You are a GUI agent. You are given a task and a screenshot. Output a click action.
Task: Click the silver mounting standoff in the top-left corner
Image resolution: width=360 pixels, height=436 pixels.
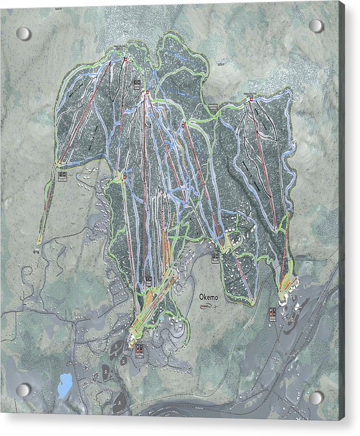coord(23,34)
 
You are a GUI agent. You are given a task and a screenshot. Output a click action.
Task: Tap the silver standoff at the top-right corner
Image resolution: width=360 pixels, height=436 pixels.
coord(316,26)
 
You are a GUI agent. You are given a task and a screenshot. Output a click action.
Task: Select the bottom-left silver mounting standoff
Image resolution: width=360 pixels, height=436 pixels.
coord(23,390)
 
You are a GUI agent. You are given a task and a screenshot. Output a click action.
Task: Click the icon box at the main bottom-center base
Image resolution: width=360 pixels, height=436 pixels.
coord(139,348)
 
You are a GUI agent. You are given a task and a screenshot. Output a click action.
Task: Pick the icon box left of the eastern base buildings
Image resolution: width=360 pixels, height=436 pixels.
coord(272,313)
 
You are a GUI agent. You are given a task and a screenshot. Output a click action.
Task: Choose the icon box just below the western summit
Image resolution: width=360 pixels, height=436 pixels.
coord(137,82)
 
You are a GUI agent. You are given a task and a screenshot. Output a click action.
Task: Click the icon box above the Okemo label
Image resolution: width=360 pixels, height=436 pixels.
coord(215,258)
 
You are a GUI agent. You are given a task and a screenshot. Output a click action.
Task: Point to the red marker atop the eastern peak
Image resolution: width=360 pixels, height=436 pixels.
coord(250,99)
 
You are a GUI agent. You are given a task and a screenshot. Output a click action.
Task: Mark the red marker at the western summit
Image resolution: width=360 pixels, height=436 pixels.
coord(125,59)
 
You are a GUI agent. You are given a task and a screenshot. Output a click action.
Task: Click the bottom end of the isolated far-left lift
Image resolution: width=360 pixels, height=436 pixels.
coord(38,243)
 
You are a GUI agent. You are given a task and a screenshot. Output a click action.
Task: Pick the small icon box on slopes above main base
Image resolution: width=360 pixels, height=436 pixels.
coord(148,280)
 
